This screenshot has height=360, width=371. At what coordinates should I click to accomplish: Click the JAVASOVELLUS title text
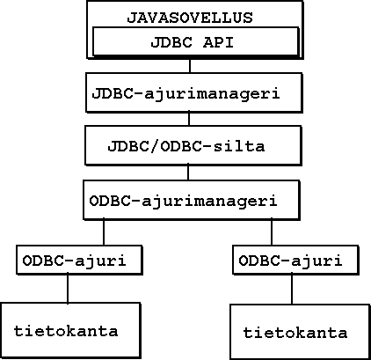190,18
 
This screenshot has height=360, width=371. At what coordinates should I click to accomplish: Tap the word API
218,42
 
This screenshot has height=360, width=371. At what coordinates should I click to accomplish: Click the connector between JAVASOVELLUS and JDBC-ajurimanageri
190,66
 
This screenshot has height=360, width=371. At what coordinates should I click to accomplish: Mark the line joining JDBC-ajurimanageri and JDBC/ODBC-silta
189,119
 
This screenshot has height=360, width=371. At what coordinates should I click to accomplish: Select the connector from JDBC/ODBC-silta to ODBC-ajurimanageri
188,173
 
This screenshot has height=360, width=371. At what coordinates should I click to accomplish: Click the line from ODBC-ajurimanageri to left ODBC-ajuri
104,232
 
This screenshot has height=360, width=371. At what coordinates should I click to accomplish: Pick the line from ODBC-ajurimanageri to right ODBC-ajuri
272,232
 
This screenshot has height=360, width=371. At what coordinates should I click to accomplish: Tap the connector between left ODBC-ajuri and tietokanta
68,289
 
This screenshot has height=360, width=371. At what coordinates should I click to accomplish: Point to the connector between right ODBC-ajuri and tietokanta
292,290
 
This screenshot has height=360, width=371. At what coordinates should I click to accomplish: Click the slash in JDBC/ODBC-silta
155,146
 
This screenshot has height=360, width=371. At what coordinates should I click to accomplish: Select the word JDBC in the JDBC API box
171,42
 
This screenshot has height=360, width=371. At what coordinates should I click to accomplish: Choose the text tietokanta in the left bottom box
66,331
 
